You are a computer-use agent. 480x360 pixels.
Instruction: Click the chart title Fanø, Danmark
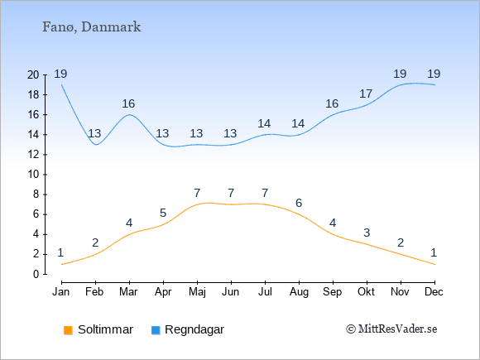click(91, 27)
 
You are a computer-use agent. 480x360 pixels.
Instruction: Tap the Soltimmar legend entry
click(98, 329)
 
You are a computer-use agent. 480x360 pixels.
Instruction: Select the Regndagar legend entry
click(188, 329)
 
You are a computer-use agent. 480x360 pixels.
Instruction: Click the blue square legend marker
click(156, 330)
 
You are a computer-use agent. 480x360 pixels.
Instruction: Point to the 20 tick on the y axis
click(33, 74)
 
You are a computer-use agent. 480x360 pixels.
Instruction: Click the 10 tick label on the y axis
click(33, 175)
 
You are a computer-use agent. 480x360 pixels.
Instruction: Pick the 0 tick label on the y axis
click(36, 274)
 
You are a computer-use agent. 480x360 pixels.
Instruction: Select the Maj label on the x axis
click(197, 292)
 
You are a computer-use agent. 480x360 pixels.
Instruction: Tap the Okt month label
click(366, 291)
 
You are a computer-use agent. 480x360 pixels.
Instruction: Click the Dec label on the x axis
click(434, 291)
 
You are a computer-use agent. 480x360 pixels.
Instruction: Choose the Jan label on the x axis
click(61, 291)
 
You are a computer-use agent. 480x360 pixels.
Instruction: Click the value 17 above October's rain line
click(366, 94)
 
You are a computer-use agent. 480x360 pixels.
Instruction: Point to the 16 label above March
click(128, 103)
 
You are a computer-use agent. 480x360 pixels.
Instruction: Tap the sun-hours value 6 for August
click(299, 203)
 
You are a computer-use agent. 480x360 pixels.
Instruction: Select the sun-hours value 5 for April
click(163, 213)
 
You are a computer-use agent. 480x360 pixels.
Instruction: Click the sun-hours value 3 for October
click(367, 233)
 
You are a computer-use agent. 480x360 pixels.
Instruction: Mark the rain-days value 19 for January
click(60, 74)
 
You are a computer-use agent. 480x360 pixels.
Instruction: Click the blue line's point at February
click(96, 145)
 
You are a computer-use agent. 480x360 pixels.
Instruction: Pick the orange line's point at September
click(333, 234)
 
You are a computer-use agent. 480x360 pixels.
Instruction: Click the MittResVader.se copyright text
click(391, 329)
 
